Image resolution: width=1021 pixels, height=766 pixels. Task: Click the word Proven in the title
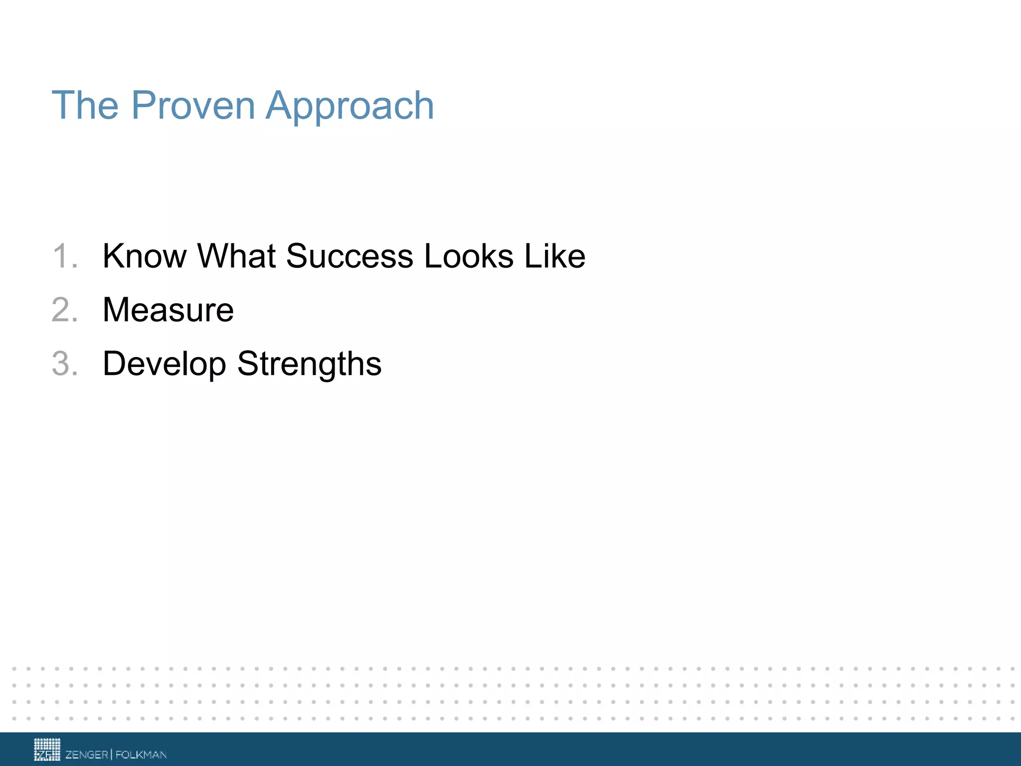click(193, 106)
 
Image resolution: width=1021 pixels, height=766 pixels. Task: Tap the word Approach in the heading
click(349, 106)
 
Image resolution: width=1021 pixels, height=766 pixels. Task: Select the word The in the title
click(85, 106)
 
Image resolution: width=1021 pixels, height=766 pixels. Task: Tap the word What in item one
click(236, 256)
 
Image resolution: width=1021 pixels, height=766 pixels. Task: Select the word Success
click(349, 256)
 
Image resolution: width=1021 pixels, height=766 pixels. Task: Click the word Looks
click(469, 256)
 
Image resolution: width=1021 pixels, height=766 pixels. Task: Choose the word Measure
click(168, 310)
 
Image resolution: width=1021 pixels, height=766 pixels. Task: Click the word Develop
click(164, 364)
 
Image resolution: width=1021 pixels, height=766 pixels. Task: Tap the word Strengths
click(309, 364)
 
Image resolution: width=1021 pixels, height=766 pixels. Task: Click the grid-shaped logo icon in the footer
click(47, 750)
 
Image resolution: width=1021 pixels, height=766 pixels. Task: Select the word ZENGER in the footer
click(87, 755)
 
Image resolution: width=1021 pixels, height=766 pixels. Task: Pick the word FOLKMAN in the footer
click(141, 755)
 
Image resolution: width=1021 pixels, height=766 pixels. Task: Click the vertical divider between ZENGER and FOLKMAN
click(112, 754)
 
